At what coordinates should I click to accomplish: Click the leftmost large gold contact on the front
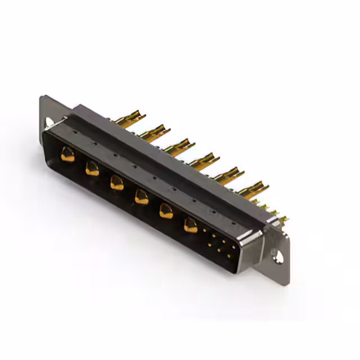tap(67, 154)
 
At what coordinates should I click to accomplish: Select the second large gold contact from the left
tap(92, 168)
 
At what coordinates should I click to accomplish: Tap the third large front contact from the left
tap(116, 182)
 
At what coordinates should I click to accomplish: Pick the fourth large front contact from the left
tap(141, 197)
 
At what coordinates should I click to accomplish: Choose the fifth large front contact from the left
tap(166, 211)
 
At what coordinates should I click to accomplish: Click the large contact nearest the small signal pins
tap(191, 226)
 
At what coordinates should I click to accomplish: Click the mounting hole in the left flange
tap(49, 121)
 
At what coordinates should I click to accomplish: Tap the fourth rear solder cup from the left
tap(204, 161)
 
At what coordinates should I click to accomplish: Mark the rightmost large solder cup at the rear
tap(254, 189)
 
